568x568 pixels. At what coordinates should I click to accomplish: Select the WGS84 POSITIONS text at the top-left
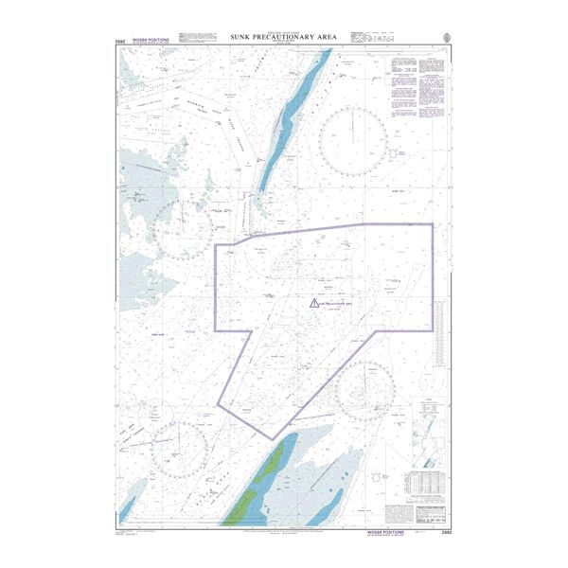[151, 40]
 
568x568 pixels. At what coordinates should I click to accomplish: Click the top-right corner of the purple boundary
[433, 224]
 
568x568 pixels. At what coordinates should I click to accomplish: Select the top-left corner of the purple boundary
[217, 244]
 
